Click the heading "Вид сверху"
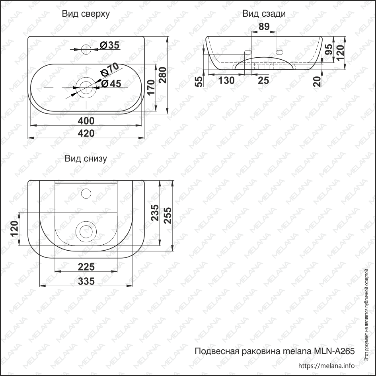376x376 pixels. coord(86,14)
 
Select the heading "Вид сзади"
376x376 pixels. coord(264,14)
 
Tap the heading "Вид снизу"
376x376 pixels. coord(86,159)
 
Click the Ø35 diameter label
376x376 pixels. coord(109,45)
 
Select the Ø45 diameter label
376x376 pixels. coord(111,84)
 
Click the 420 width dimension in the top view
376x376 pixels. coord(86,133)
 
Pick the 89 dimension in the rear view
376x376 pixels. coord(264,27)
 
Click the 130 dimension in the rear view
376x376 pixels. coord(226,81)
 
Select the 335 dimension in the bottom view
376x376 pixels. coord(86,281)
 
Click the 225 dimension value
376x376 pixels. coord(86,267)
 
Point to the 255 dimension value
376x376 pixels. coord(168,215)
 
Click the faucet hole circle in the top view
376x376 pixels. coord(86,49)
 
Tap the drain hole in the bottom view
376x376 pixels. coord(86,231)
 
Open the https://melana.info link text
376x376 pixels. coord(326,366)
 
